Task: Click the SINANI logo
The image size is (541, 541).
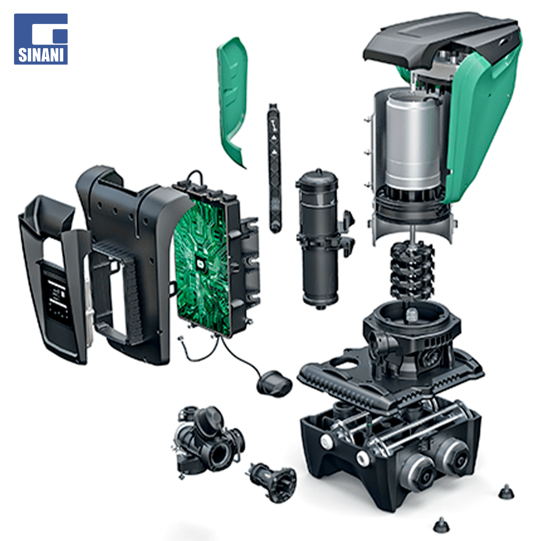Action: click(41, 39)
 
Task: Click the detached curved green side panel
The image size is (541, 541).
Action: click(232, 101)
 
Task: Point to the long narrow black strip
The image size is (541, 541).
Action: click(275, 168)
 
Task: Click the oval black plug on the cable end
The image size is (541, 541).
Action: click(275, 383)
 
